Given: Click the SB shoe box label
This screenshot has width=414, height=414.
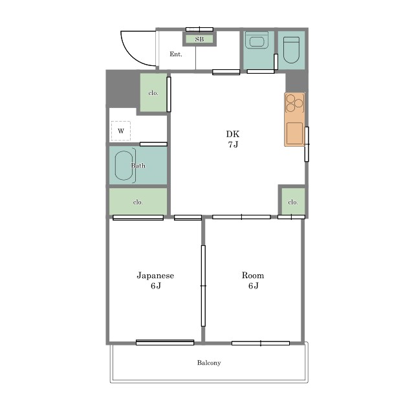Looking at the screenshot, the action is point(199,39).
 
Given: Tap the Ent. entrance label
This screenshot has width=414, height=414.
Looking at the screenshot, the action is point(176,54).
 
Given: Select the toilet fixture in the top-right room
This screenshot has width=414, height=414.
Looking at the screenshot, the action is point(291,50).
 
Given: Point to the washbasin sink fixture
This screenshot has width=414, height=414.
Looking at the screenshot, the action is point(257,40).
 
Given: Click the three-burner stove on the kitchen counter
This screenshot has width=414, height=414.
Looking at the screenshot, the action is point(294,102).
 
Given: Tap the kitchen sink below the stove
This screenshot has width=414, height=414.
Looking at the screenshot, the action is point(295,133).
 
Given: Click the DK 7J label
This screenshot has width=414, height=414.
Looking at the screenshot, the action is point(233,139).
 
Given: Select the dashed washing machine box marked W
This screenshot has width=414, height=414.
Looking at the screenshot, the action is point(121,131).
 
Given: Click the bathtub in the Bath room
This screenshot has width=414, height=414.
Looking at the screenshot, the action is point(124,166).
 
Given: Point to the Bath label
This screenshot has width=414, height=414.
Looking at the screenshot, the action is point(138,166).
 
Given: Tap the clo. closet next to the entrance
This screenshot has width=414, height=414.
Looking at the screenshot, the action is point(153,93).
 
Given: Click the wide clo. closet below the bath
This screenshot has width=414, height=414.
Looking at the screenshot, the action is point(138,202).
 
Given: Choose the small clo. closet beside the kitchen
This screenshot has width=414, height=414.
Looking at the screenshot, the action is point(293,202).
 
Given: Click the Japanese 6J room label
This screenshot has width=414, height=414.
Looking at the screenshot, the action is point(155,280).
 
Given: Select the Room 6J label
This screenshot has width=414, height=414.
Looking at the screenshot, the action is point(253,280).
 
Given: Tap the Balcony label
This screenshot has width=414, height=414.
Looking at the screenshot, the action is point(209,363).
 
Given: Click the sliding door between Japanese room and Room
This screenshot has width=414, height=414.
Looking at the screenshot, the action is point(203,286).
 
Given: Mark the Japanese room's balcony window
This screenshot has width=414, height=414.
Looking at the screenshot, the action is point(165,342).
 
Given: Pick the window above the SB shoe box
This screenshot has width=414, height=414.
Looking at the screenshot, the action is point(199,29).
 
